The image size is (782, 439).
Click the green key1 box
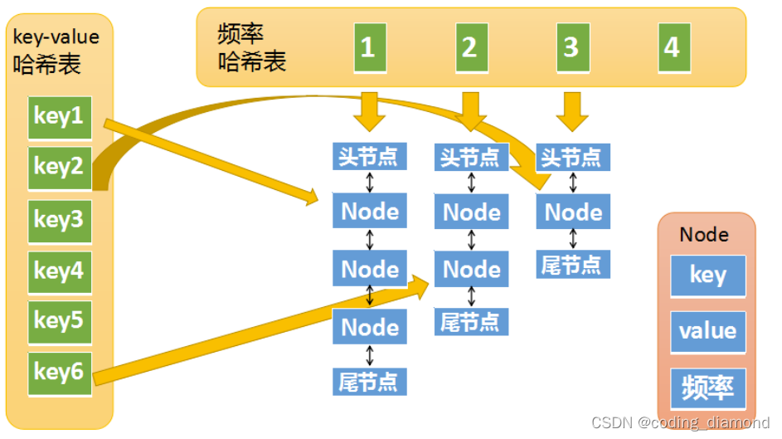59,116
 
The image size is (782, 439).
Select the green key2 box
59,168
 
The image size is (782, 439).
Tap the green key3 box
59,220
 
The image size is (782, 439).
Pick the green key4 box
59,271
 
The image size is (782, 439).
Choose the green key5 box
59,321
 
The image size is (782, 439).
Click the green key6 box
59,373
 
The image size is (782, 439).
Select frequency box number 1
367,47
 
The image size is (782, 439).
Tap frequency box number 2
469,47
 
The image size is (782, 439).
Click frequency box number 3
571,47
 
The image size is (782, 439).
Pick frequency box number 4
672,47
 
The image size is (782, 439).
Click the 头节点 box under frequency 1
369,156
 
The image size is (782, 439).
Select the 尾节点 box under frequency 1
369,381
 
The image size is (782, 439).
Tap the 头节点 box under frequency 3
573,156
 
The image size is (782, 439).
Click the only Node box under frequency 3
573,212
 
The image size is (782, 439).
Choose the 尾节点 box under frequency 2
471,322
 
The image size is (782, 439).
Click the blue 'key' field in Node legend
707,276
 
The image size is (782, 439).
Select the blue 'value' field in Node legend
707,331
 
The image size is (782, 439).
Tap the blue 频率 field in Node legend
707,387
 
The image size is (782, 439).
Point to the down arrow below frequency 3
571,110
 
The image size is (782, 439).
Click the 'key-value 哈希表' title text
56,51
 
